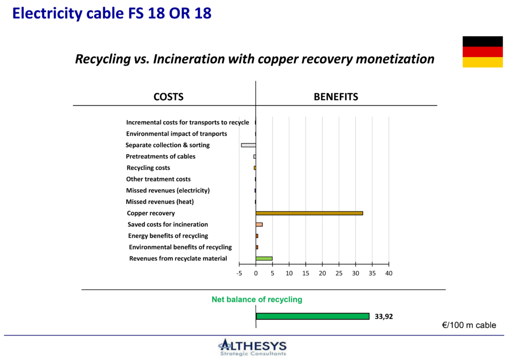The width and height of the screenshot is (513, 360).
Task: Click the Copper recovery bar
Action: (309, 213)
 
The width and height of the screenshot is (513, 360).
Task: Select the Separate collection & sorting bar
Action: (248, 145)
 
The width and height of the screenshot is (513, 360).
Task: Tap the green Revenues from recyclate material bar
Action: (264, 259)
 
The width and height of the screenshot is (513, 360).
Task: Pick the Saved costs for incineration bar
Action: (259, 225)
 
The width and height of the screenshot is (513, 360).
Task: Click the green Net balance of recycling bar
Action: (313, 316)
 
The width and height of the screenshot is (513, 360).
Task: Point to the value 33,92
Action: (383, 316)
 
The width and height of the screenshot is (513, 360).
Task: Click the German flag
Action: (482, 52)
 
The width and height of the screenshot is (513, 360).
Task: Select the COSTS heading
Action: (168, 97)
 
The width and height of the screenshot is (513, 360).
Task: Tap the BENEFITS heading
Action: (336, 97)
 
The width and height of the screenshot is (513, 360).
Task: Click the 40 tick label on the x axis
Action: (389, 273)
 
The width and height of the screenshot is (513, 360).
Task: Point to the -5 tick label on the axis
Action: (239, 273)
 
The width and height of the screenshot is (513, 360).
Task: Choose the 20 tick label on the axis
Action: (322, 273)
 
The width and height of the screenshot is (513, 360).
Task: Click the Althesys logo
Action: (252, 347)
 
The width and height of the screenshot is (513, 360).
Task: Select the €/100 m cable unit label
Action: (469, 325)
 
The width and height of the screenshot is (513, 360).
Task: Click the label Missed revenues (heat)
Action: (160, 202)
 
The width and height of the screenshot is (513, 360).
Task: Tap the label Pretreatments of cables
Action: (160, 157)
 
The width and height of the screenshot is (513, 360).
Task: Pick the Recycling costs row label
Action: (148, 168)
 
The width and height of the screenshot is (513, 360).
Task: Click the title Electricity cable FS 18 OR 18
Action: (112, 14)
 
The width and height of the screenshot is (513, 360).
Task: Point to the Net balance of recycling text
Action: (257, 299)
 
